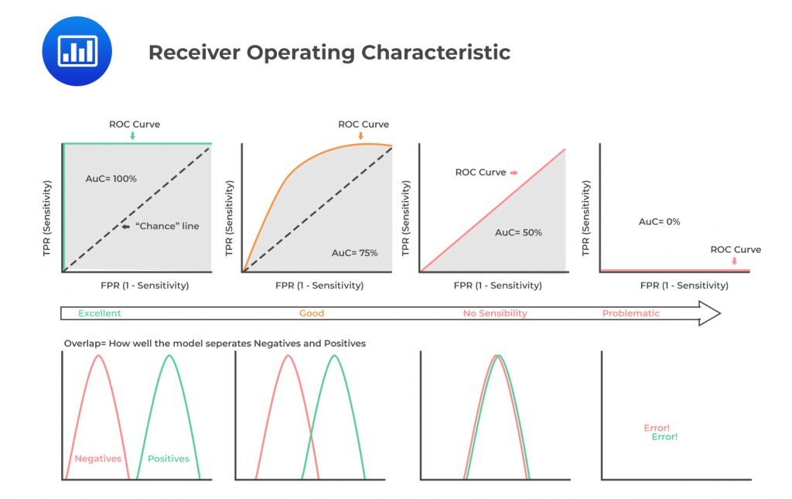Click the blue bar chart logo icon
click(x=77, y=51)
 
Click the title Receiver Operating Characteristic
click(x=329, y=53)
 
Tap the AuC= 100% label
click(x=111, y=179)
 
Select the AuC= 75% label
click(x=354, y=253)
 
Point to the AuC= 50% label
click(x=518, y=232)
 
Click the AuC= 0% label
click(x=659, y=221)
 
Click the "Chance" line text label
click(x=168, y=226)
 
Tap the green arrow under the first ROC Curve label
click(x=132, y=136)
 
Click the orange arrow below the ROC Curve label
click(x=360, y=136)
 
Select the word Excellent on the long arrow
click(x=99, y=313)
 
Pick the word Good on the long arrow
click(x=312, y=313)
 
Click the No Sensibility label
click(x=495, y=313)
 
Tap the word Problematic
click(x=631, y=313)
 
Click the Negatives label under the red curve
click(x=97, y=459)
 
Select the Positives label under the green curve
click(x=168, y=459)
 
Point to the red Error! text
click(x=657, y=428)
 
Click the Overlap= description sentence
click(x=214, y=343)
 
